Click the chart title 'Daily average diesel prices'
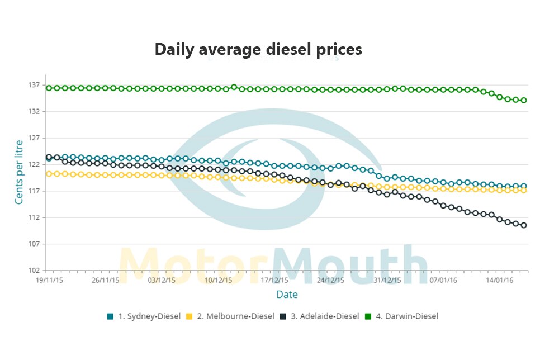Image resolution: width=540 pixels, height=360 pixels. point(258,50)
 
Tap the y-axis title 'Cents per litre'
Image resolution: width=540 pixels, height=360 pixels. point(19,172)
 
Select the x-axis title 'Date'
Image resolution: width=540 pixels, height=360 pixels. point(287,295)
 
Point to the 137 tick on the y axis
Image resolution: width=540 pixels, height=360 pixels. point(34,85)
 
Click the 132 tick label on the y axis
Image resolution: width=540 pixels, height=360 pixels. point(34,112)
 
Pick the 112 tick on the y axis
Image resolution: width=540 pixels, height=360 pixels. point(34,217)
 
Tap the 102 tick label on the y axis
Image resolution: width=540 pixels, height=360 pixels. point(34,271)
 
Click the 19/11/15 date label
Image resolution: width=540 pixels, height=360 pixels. point(50,280)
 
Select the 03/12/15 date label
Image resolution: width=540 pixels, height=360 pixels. point(162,280)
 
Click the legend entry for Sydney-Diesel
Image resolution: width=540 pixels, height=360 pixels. point(144,316)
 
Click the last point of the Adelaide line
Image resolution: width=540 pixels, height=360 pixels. point(524,225)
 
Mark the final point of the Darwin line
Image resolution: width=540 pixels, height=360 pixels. point(524,101)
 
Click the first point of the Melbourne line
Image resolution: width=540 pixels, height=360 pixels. point(49,174)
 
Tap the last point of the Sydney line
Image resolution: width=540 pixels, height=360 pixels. point(524,186)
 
